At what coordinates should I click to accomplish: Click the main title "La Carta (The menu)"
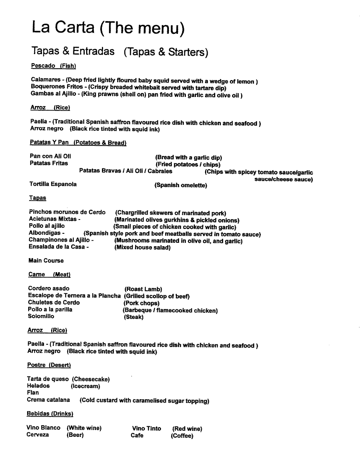coord(108,28)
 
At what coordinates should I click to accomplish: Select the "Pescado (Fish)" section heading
coord(53,66)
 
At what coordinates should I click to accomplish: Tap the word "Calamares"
coord(46,80)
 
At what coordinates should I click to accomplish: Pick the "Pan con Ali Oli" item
coord(50,156)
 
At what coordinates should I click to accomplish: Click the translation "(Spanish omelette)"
coord(181,185)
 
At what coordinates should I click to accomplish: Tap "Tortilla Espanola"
coord(53,184)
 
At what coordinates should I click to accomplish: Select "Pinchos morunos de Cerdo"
coord(67,212)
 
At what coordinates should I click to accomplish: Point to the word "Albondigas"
coord(44,233)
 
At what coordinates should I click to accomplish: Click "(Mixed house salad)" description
coord(142,248)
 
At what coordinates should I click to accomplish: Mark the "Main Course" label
coord(46,261)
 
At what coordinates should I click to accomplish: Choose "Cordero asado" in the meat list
coord(49,289)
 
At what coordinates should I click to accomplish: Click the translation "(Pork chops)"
coord(141,303)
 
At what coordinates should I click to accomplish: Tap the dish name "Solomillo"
coord(41,317)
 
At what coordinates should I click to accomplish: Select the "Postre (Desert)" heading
coord(49,365)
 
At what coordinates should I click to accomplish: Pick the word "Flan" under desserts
coord(33,392)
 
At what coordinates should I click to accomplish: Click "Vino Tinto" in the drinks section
coord(146,429)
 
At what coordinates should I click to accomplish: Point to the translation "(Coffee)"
coord(182,436)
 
